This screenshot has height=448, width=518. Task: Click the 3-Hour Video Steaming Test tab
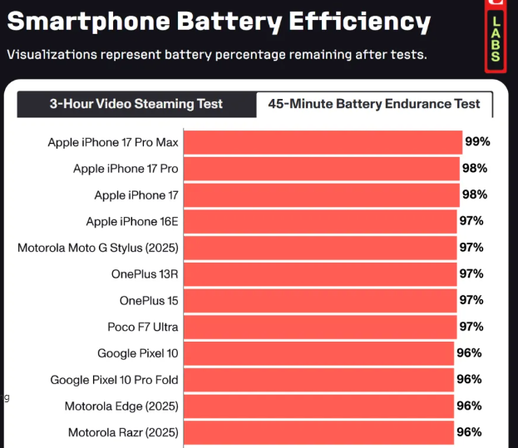(136, 104)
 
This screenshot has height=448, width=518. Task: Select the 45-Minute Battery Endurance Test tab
(374, 104)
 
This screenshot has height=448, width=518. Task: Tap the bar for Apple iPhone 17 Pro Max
(322, 142)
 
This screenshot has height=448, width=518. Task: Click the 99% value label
(477, 141)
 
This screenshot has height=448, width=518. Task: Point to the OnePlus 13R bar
(320, 273)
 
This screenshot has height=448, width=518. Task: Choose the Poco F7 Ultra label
(143, 327)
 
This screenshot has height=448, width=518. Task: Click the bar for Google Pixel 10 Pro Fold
(318, 380)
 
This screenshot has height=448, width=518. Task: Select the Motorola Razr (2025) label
(123, 433)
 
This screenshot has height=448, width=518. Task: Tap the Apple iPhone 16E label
(132, 221)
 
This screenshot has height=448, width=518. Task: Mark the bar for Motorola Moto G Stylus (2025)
(320, 248)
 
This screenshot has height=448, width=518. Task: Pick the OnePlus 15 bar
(320, 300)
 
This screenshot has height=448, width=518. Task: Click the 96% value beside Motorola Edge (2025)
(469, 406)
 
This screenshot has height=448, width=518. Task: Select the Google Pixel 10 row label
(137, 353)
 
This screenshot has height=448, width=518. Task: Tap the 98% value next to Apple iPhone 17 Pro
(474, 168)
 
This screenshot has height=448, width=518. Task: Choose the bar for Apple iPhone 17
(321, 194)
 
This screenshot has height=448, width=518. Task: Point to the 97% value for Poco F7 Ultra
(471, 327)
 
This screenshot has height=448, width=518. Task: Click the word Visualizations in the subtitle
(50, 55)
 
